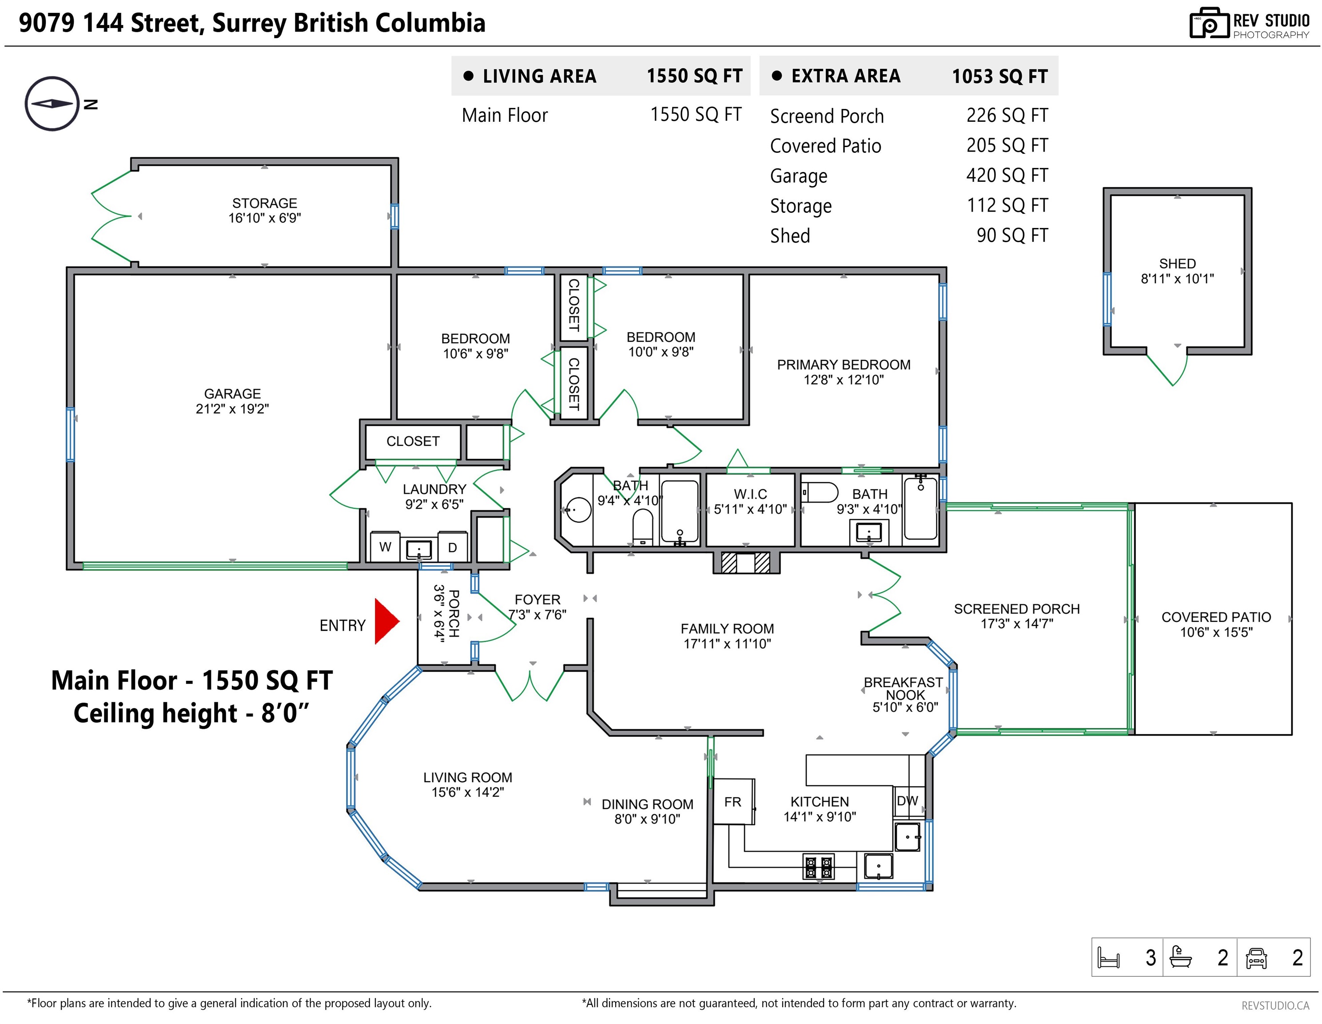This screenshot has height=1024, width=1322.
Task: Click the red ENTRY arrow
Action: click(386, 621)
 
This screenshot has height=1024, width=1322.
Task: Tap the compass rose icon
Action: click(52, 104)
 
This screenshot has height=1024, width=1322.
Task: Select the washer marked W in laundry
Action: click(385, 547)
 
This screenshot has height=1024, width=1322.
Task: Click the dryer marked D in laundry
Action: click(452, 547)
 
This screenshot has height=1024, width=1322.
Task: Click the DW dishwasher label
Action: click(908, 800)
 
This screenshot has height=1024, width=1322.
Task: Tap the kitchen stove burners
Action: click(818, 867)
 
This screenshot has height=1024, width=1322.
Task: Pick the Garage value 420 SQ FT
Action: click(1007, 175)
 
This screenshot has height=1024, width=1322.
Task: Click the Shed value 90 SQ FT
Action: click(1012, 235)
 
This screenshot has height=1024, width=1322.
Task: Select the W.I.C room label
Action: click(751, 494)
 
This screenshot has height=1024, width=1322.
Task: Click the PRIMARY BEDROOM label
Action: click(844, 364)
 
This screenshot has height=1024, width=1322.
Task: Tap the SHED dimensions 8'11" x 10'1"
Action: click(1177, 279)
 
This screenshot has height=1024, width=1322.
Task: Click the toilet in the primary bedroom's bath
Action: click(820, 492)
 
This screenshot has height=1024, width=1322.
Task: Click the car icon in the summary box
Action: click(1257, 957)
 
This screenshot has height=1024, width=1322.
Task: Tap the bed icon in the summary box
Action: click(1109, 957)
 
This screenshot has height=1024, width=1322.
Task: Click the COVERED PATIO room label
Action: click(1216, 617)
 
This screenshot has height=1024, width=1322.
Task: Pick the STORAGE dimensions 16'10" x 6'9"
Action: click(264, 218)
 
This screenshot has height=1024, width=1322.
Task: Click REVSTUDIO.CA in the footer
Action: click(1275, 1006)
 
